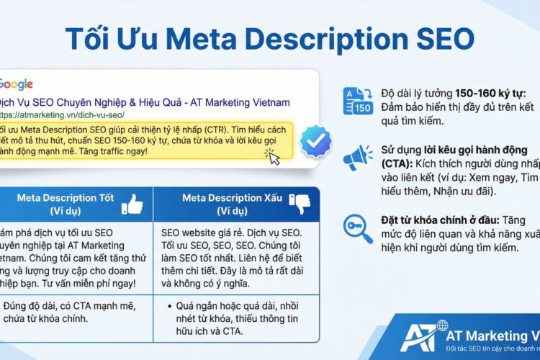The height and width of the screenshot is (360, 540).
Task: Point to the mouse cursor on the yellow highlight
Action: tap(273, 156)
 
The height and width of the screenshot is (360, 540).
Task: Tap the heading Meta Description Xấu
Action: tap(230, 197)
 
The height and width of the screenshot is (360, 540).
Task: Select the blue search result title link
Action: tap(144, 102)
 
